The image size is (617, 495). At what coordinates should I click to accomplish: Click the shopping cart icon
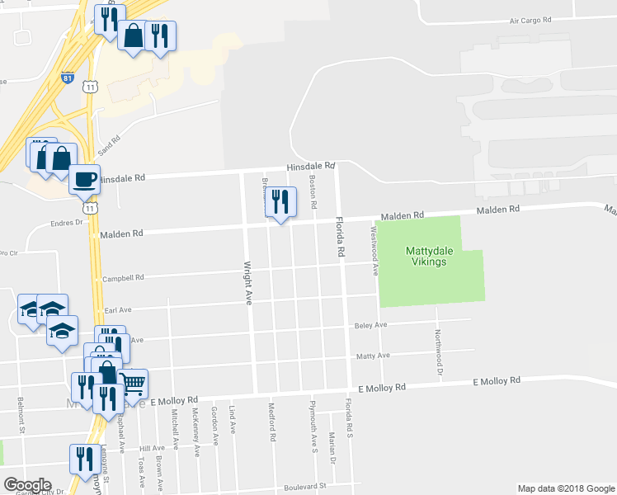pos(134,382)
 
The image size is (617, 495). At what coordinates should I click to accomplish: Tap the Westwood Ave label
pos(374,252)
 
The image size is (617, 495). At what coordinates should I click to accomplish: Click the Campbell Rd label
pos(124,278)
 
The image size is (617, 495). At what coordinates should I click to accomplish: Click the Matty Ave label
pos(372,356)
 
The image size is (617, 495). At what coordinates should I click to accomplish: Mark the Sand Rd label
pos(109,147)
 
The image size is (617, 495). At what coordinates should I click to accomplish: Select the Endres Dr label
pos(68,222)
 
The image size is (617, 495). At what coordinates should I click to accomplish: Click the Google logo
pos(27,485)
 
